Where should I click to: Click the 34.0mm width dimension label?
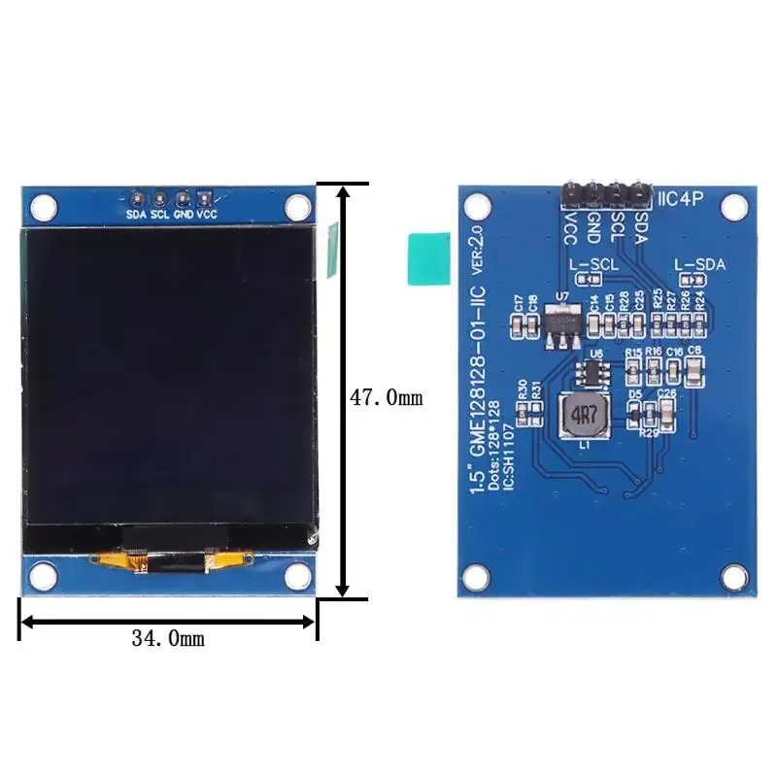pyautogui.click(x=167, y=638)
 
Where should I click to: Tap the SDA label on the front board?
pyautogui.click(x=136, y=214)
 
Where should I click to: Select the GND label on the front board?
pyautogui.click(x=184, y=214)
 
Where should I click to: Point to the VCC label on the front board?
pyautogui.click(x=207, y=214)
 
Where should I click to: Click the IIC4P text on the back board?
pyautogui.click(x=687, y=201)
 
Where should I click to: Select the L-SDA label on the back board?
pyautogui.click(x=699, y=263)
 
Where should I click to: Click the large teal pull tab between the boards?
pyautogui.click(x=428, y=258)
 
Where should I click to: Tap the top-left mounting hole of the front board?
pyautogui.click(x=43, y=206)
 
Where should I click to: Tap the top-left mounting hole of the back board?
pyautogui.click(x=476, y=206)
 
